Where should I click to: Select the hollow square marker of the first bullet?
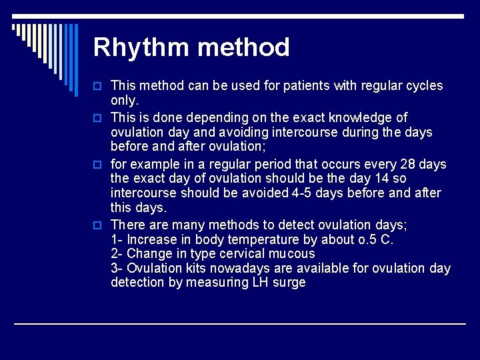99,86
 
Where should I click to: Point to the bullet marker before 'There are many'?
99,225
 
